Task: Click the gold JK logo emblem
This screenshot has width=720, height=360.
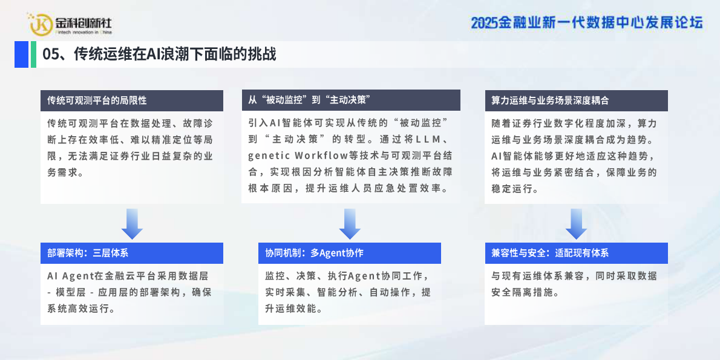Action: (x=41, y=24)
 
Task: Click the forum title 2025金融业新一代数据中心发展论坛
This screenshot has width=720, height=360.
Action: (x=587, y=23)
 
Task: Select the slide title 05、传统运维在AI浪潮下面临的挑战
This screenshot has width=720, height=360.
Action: (x=159, y=54)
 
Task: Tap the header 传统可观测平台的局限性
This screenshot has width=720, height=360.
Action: (x=97, y=100)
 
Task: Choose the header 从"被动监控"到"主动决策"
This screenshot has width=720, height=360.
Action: (x=309, y=100)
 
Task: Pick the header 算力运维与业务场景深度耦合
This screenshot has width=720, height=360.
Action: (x=550, y=100)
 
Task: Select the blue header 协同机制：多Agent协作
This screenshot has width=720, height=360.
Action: (x=314, y=253)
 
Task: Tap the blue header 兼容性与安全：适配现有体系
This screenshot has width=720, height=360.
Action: (x=550, y=253)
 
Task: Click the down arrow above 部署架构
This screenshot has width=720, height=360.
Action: (x=132, y=224)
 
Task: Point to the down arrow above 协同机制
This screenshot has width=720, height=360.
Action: (x=350, y=224)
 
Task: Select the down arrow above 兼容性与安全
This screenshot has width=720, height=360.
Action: (x=576, y=224)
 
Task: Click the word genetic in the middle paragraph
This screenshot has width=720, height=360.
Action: (x=268, y=155)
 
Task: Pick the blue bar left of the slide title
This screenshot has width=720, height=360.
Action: (x=21, y=54)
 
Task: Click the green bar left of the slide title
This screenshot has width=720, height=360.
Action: (x=33, y=54)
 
